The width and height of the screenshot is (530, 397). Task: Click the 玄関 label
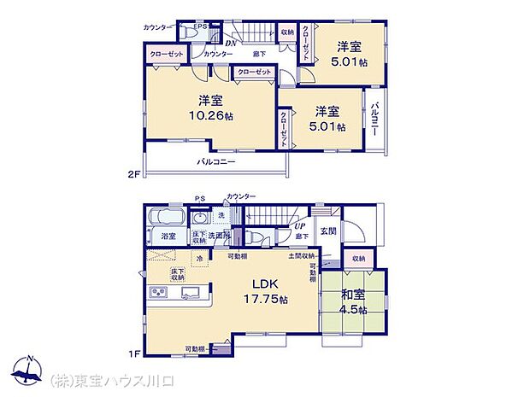tap(328, 231)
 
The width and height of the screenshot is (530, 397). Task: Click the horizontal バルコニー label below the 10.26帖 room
tap(216, 161)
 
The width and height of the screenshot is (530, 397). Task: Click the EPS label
tap(199, 26)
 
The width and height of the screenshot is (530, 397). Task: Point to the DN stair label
tap(230, 43)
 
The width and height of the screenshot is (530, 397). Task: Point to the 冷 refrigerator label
tap(199, 259)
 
